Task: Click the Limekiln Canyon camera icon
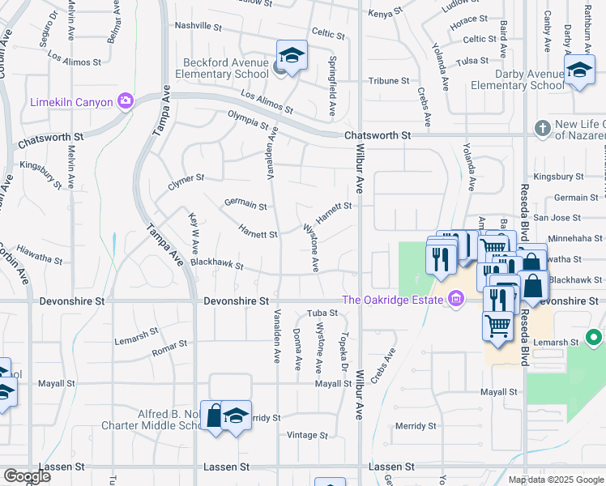point(126,101)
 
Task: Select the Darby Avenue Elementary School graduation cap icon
point(579,70)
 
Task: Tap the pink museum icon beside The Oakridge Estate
point(457,301)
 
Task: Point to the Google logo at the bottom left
point(27,476)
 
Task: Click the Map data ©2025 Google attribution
point(555,480)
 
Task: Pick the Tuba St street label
point(322,313)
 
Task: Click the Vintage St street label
point(302,435)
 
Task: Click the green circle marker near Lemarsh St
point(594,337)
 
